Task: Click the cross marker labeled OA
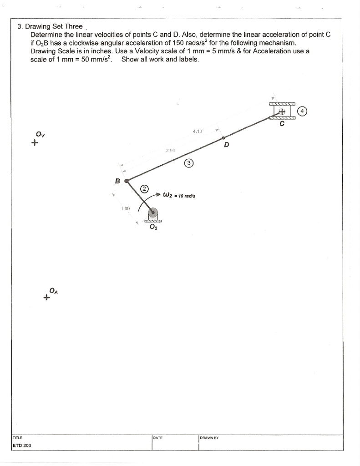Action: pos(46,299)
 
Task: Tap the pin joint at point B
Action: pos(127,181)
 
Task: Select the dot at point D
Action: pos(223,137)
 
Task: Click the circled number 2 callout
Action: pos(144,188)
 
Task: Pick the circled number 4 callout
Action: pos(303,111)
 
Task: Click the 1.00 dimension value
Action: pos(126,209)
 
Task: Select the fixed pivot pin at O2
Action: pos(153,213)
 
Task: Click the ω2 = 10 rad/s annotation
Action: pos(180,196)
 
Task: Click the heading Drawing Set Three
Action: pos(50,26)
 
